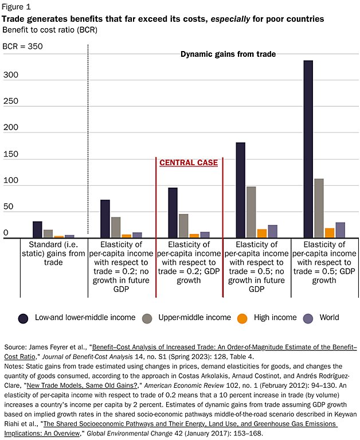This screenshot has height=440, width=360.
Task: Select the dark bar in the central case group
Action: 173,212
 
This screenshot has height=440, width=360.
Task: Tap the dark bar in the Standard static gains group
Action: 37,229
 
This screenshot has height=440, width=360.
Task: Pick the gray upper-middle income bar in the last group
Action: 319,208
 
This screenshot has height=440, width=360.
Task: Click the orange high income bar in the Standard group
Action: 58,236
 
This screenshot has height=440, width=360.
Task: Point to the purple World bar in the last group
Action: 340,229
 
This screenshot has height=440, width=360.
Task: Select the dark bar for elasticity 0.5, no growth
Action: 240,189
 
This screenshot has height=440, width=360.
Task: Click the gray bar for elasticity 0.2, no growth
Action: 116,227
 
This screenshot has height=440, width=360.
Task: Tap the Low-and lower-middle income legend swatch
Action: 24,318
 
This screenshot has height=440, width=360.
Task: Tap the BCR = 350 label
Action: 22,46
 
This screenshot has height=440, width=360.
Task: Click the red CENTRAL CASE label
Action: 189,162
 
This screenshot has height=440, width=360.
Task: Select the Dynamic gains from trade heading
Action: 228,54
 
